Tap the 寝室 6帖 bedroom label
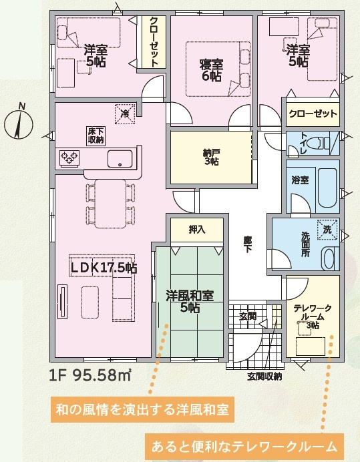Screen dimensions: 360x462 211,70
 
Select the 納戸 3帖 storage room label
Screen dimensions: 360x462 212,157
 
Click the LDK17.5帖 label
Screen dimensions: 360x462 104,268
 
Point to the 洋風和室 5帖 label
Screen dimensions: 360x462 190,301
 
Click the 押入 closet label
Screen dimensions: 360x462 197,230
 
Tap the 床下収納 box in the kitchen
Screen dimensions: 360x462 96,136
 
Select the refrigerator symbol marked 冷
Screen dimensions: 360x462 125,113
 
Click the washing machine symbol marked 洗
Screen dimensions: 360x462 327,230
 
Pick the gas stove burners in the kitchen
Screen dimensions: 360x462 70,158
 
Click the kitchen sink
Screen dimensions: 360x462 120,159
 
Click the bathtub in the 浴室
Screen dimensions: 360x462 327,188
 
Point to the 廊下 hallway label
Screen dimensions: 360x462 248,244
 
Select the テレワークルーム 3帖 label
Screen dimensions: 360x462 313,317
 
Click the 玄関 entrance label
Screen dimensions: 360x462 247,316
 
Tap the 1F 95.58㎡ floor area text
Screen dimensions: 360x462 90,375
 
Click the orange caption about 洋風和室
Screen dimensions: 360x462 142,409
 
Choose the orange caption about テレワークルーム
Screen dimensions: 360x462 244,447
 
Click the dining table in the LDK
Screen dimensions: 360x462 111,204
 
